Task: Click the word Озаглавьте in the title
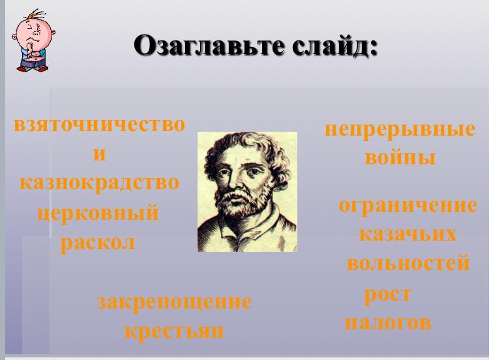209,46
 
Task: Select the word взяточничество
100,125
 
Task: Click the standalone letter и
100,154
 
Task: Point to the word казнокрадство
100,183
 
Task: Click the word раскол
98,243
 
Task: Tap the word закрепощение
174,303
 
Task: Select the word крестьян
174,331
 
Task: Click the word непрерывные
400,130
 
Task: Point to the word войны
400,158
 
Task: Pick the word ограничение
408,206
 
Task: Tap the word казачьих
408,234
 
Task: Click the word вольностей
408,263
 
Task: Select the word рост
389,295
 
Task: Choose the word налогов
389,323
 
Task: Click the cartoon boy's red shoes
32,68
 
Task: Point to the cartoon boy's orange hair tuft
37,15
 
